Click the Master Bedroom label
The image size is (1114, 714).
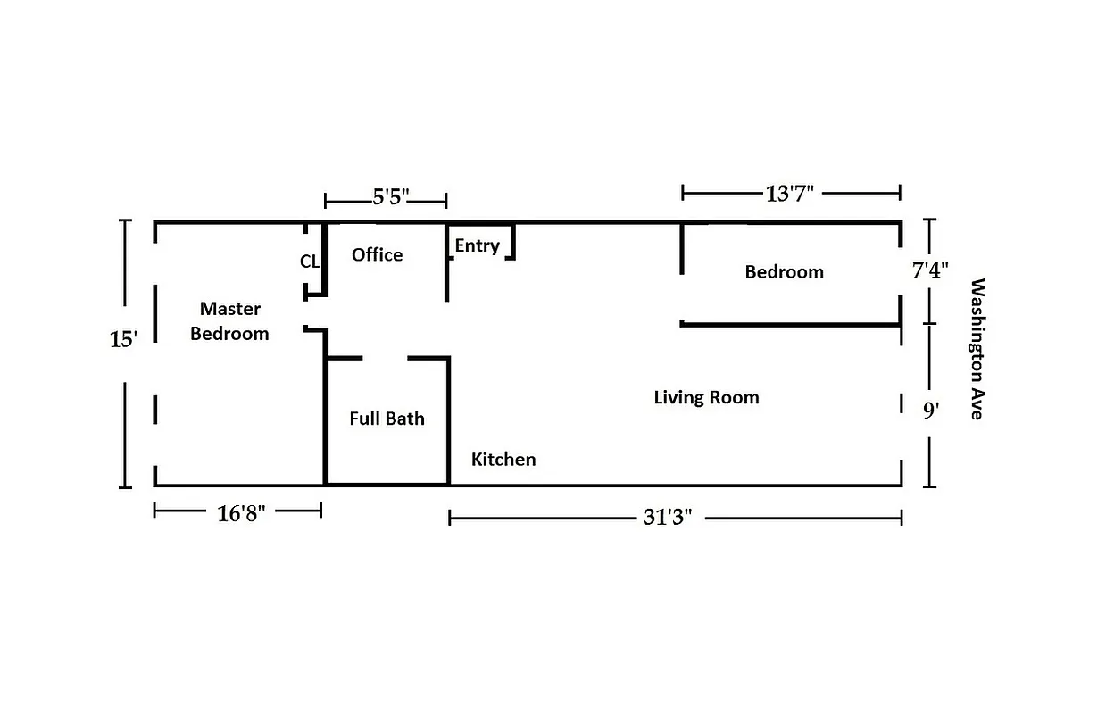(x=229, y=321)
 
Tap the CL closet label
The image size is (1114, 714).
(x=309, y=262)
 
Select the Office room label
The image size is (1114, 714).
(x=377, y=255)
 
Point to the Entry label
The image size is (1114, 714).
(x=477, y=245)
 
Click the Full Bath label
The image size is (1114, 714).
(x=387, y=419)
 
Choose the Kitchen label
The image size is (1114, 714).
(x=503, y=460)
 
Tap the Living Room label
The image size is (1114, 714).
(x=706, y=397)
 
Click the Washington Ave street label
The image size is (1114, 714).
(x=977, y=349)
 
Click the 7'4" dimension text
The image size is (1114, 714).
(x=929, y=270)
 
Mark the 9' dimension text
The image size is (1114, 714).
(x=931, y=411)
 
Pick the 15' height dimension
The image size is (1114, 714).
(x=124, y=340)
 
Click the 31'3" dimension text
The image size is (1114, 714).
(x=668, y=518)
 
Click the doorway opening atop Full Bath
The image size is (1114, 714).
(x=385, y=358)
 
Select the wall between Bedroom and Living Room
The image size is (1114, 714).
(x=789, y=324)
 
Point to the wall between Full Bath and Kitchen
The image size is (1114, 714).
(x=448, y=419)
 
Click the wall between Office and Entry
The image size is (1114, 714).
(x=446, y=262)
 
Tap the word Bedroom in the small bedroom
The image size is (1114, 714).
(x=784, y=272)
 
